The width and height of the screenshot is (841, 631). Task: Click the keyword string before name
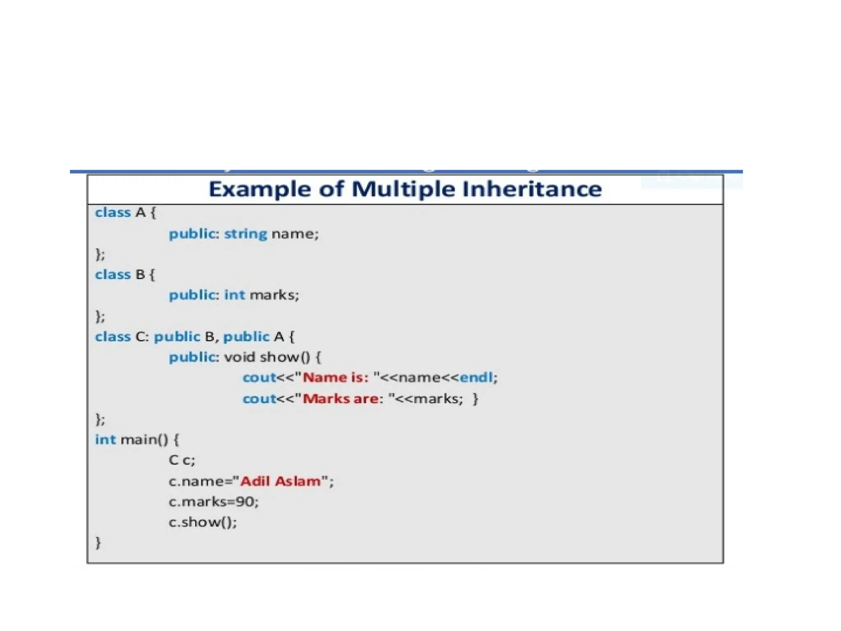click(x=246, y=234)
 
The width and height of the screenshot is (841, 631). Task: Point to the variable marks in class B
click(x=274, y=295)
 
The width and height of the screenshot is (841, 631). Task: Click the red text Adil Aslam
click(x=280, y=481)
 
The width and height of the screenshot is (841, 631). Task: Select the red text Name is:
click(x=335, y=377)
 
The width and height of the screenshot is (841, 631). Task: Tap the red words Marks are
click(x=340, y=398)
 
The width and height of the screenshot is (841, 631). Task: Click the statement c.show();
click(x=202, y=522)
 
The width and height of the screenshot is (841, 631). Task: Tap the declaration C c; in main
click(x=182, y=460)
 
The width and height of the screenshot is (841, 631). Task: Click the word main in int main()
click(x=139, y=440)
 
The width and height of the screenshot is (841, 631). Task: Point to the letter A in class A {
click(x=140, y=213)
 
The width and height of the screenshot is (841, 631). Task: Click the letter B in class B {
click(x=140, y=274)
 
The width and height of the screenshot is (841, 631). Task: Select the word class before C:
click(x=113, y=336)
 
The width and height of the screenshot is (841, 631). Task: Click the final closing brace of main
click(x=98, y=543)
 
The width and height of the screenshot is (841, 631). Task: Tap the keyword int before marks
click(x=234, y=295)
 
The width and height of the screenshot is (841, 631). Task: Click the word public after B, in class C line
click(x=246, y=336)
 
